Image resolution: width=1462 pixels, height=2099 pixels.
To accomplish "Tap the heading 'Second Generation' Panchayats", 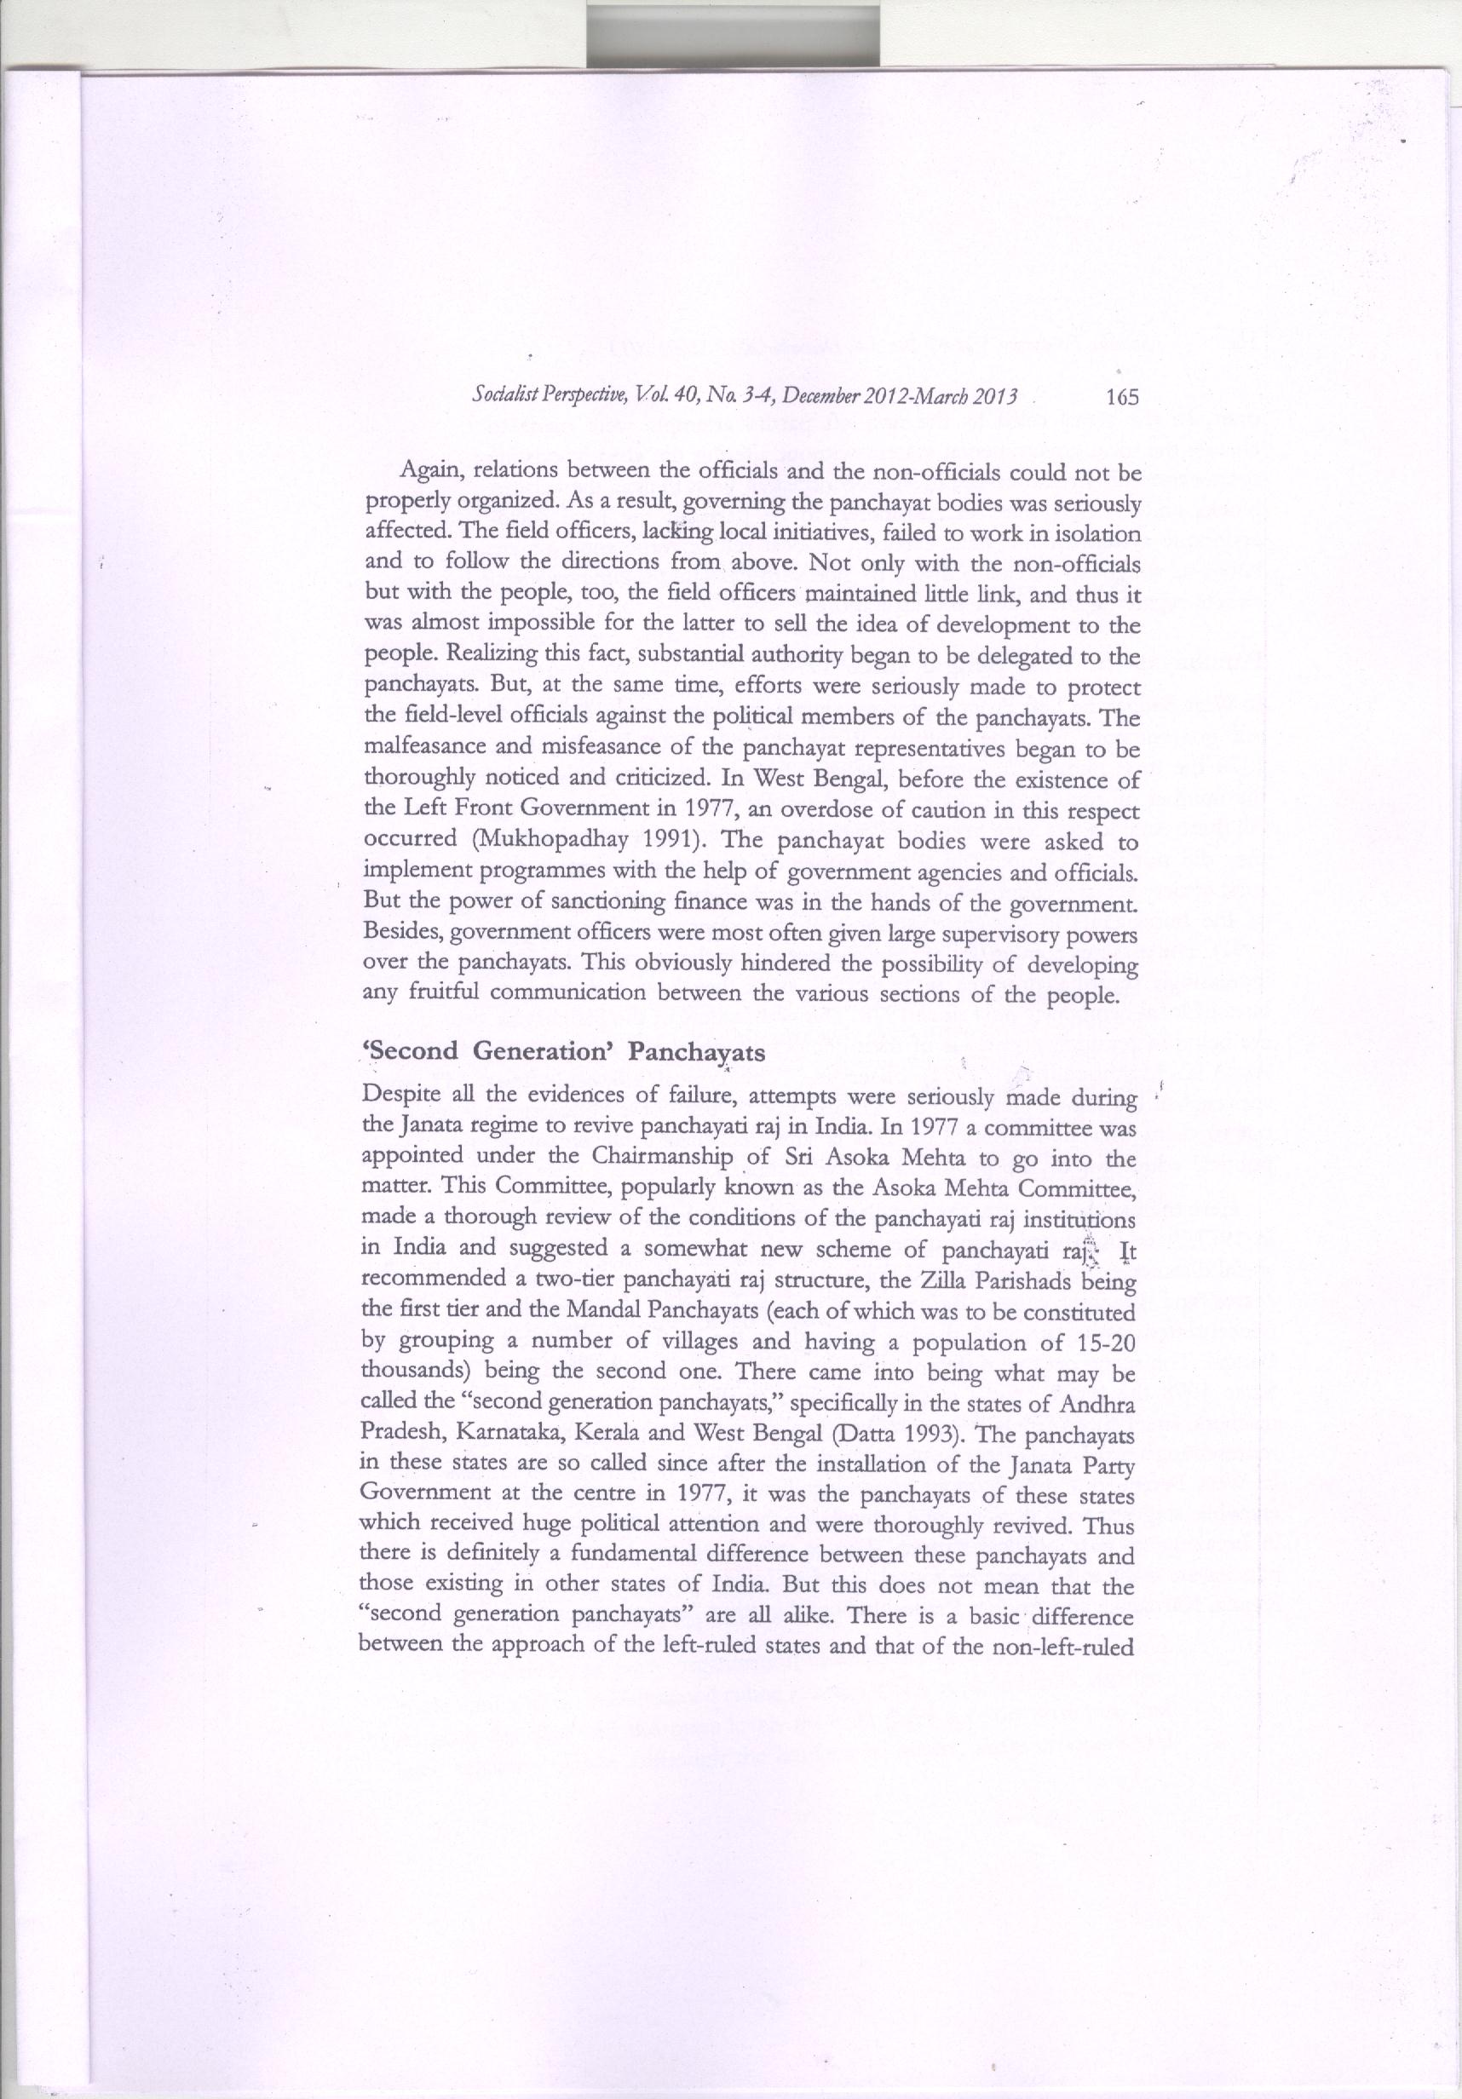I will click(564, 1051).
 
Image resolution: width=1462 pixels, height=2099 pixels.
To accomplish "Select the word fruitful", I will click(423, 994).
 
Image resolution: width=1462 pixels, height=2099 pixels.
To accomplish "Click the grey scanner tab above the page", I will click(734, 35).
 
